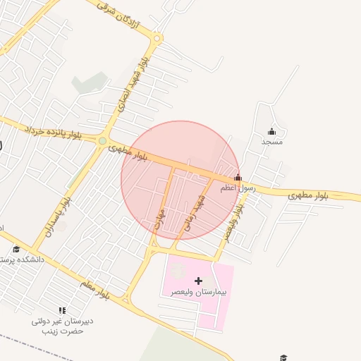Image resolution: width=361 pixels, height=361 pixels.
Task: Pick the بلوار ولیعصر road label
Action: pyautogui.click(x=233, y=219)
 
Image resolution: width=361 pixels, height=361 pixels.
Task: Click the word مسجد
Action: pyautogui.click(x=272, y=142)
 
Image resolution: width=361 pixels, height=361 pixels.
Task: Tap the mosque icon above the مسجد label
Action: pyautogui.click(x=272, y=131)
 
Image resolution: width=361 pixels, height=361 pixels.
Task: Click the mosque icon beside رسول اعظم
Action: pyautogui.click(x=238, y=178)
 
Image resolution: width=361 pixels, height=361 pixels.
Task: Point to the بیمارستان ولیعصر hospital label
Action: pyautogui.click(x=198, y=292)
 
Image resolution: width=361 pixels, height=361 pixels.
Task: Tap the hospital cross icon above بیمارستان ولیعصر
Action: pyautogui.click(x=198, y=281)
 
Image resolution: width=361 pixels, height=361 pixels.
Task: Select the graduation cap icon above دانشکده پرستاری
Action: pyautogui.click(x=16, y=249)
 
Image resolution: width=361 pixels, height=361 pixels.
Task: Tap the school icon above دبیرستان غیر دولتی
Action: pyautogui.click(x=62, y=310)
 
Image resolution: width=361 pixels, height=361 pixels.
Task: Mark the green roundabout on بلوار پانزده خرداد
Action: pyautogui.click(x=102, y=141)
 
